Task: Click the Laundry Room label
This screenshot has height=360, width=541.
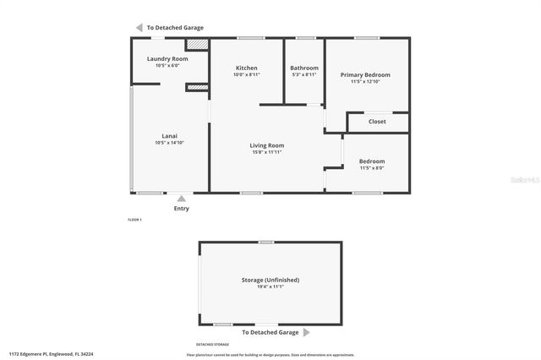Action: (167, 58)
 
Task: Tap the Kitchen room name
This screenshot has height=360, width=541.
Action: (247, 68)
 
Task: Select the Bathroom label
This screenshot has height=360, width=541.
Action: (304, 68)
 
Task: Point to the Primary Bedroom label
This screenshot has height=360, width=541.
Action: (365, 74)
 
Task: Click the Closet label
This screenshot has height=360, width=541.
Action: (378, 122)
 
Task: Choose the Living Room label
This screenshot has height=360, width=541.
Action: (266, 145)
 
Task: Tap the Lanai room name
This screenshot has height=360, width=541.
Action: (169, 136)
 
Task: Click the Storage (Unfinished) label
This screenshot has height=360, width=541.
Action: (270, 280)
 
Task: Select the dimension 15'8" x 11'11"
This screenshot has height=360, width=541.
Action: (266, 152)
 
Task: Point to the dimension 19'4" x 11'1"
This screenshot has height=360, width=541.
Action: (270, 286)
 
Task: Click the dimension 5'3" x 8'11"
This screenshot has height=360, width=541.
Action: (304, 74)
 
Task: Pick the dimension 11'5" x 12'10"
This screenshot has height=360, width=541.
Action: (365, 81)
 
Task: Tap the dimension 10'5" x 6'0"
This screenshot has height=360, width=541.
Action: (167, 65)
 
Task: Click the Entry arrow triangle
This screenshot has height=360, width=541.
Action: (181, 199)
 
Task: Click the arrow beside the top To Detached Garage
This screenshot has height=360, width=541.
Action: (139, 27)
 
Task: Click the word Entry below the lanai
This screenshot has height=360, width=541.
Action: (181, 209)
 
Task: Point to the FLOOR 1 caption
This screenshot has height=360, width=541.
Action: (134, 220)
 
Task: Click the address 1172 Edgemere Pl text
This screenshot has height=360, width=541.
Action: (51, 354)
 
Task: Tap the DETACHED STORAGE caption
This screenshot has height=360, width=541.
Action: (213, 345)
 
